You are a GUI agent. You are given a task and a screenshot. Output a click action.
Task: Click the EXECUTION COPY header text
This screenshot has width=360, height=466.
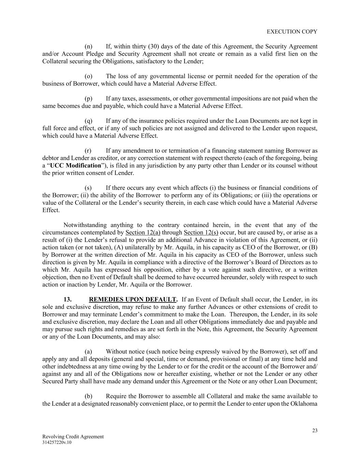point(292,31)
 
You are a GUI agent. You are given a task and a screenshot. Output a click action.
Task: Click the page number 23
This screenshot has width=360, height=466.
point(315,430)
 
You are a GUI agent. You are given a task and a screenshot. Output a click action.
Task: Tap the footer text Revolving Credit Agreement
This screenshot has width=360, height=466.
point(73,437)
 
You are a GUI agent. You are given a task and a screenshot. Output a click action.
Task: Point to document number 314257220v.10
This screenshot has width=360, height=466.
point(57,442)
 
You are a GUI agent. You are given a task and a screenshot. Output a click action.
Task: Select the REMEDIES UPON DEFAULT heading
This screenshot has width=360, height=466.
point(132,299)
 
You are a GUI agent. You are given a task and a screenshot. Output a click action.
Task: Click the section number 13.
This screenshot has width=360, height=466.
point(67,299)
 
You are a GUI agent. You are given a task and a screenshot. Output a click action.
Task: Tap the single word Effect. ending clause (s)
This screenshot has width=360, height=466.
point(51,210)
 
